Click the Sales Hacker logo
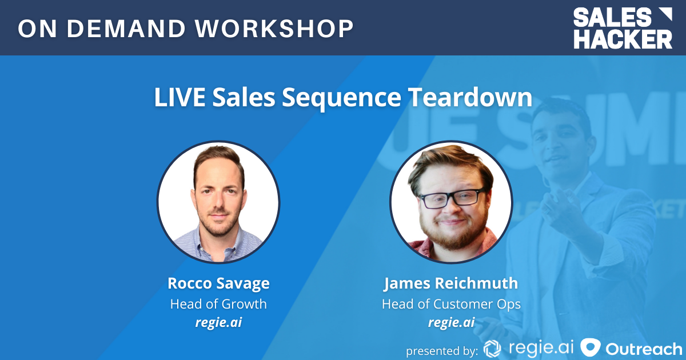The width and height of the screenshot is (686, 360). tap(623, 28)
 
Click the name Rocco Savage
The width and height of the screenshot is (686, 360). tap(218, 283)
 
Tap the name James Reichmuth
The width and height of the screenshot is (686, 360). tap(451, 283)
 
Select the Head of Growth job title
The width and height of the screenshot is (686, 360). tap(218, 303)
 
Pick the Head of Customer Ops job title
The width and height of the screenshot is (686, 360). tap(451, 303)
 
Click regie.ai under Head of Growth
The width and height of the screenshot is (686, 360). tap(218, 322)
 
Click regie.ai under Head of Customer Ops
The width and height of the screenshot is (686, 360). tap(451, 322)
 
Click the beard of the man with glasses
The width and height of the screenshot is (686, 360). tap(451, 234)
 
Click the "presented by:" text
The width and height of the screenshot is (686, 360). tap(441, 349)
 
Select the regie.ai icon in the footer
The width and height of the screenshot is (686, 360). tap(492, 348)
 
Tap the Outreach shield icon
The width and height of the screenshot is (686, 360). tap(589, 348)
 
